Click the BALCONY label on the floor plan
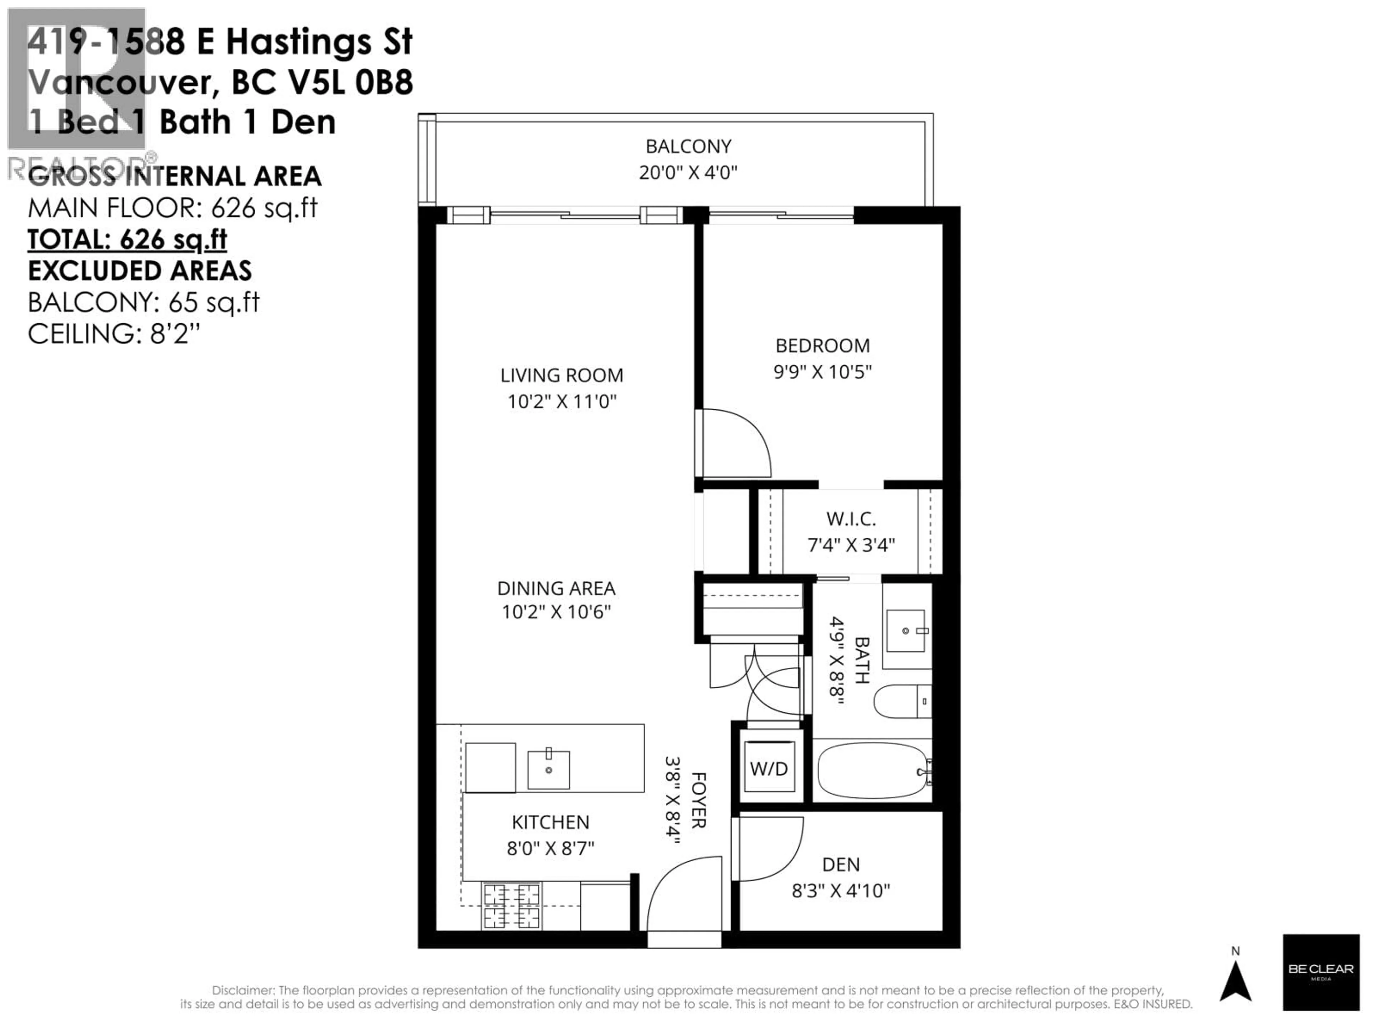pyautogui.click(x=688, y=146)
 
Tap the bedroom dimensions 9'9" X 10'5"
pyautogui.click(x=822, y=372)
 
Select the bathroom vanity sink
pyautogui.click(x=906, y=631)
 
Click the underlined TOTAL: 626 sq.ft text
pyautogui.click(x=128, y=239)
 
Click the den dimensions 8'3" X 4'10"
pyautogui.click(x=841, y=890)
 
